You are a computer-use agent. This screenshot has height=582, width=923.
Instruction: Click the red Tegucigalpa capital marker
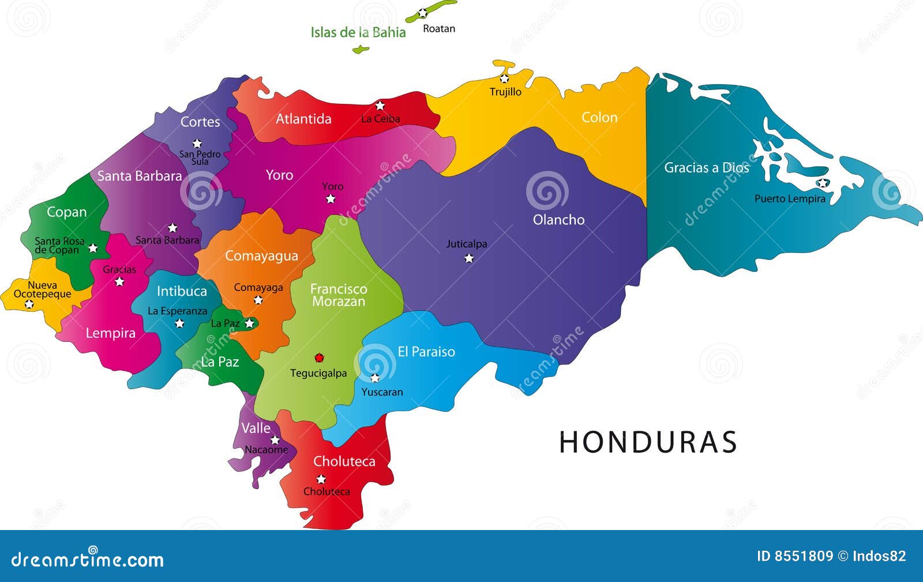319,358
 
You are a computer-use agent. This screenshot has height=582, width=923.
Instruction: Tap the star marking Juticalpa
469,258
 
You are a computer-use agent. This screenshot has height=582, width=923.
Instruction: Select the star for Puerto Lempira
822,183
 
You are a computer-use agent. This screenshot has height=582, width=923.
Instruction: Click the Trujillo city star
504,79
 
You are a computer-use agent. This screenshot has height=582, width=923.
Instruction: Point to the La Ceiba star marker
380,106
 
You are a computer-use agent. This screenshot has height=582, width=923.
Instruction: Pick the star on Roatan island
423,13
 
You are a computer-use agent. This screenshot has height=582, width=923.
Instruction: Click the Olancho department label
558,219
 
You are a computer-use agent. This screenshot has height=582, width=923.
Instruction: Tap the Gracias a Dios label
706,167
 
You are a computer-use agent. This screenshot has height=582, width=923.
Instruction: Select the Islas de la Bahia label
358,32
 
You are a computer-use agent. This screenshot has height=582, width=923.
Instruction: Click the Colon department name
599,117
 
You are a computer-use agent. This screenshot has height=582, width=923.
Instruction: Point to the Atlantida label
303,119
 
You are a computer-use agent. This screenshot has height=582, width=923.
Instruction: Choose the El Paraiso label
426,352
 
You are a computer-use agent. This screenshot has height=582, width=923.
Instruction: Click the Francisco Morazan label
339,295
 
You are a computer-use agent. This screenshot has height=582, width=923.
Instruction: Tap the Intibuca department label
182,291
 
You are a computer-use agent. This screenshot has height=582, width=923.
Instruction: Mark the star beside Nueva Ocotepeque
29,304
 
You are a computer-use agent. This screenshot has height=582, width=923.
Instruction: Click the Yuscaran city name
382,392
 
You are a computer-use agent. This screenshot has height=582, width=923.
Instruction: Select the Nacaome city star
275,440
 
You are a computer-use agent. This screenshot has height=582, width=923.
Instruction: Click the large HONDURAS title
648,442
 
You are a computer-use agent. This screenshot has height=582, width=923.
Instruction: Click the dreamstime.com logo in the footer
87,559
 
